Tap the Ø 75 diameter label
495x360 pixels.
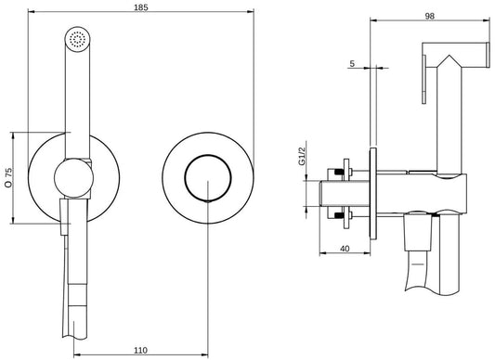(x=8, y=176)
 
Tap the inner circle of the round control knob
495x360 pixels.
(x=204, y=176)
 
